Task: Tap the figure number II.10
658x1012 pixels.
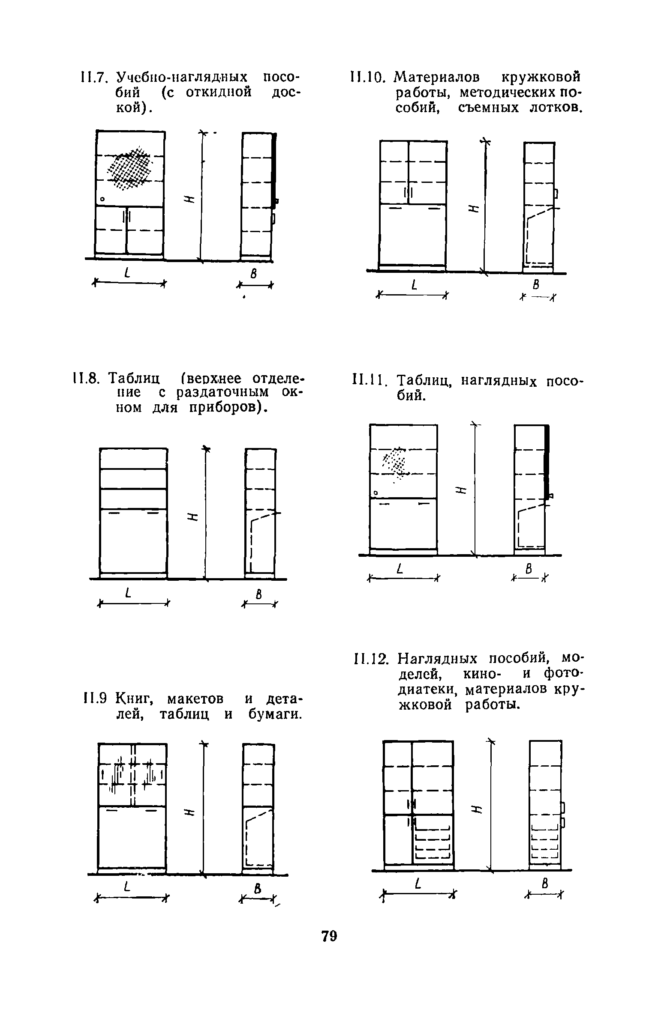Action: point(365,78)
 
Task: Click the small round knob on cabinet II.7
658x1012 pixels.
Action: point(102,200)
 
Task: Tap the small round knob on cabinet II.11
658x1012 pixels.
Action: point(376,493)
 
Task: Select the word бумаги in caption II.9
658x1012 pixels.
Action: point(273,714)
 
